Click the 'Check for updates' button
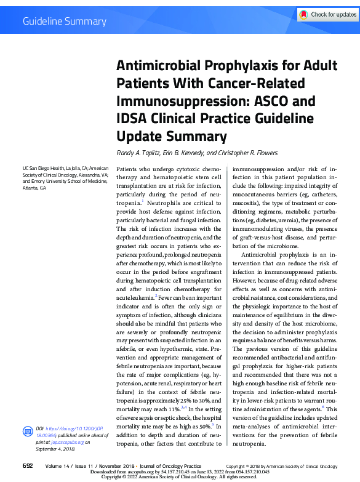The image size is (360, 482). pos(327,14)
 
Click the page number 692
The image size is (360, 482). pos(28,466)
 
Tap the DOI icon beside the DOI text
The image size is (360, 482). pos(27,429)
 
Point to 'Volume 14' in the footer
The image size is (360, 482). pos(58,466)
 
